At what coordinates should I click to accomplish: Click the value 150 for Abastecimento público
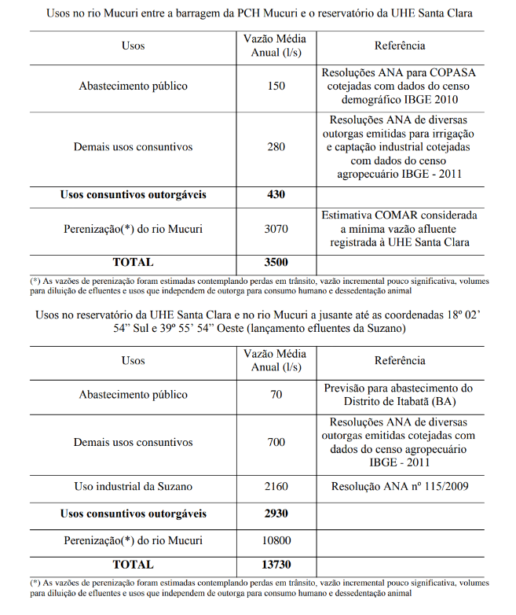(276, 86)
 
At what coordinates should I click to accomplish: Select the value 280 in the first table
(276, 147)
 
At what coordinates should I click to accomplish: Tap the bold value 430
(276, 194)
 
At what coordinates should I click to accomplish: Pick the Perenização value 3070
(276, 230)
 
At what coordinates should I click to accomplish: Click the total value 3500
(276, 262)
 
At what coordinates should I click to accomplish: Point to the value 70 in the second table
(276, 395)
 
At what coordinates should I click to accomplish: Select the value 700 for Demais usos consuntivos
(276, 442)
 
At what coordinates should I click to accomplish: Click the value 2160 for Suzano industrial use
(276, 486)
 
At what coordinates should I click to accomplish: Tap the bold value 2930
(276, 514)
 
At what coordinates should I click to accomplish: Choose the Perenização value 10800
(276, 540)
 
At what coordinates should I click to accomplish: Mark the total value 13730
(276, 565)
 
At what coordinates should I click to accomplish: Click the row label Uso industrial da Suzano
(133, 486)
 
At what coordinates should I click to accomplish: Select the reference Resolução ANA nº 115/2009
(400, 486)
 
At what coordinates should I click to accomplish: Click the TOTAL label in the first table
(133, 262)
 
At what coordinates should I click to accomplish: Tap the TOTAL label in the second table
(133, 565)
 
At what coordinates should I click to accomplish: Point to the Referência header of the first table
(400, 46)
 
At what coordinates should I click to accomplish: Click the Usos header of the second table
(133, 360)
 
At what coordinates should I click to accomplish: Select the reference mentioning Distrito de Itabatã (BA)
(400, 395)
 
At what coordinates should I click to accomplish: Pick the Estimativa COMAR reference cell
(400, 229)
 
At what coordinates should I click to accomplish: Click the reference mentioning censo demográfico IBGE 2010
(400, 86)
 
